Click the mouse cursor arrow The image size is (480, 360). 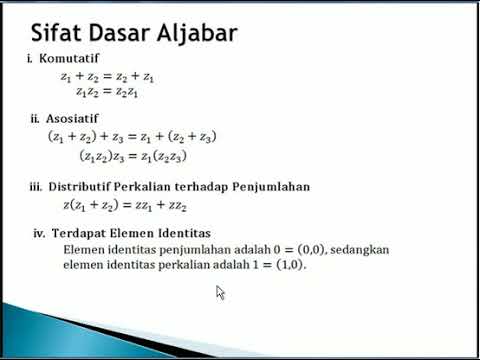pyautogui.click(x=220, y=292)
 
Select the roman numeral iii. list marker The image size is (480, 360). pyautogui.click(x=35, y=186)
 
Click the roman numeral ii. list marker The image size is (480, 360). pyautogui.click(x=35, y=118)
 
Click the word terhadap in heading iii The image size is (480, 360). pyautogui.click(x=203, y=186)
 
